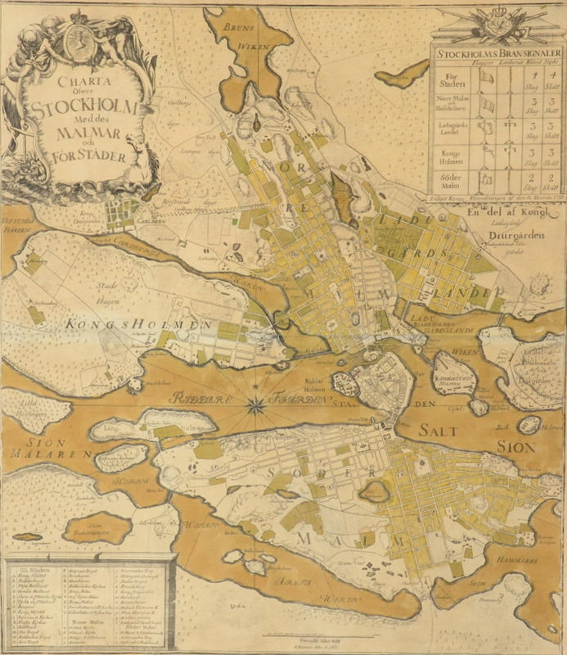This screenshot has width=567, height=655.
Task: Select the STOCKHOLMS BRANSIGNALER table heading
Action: (497, 55)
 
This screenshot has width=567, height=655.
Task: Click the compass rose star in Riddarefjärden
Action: (256, 402)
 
